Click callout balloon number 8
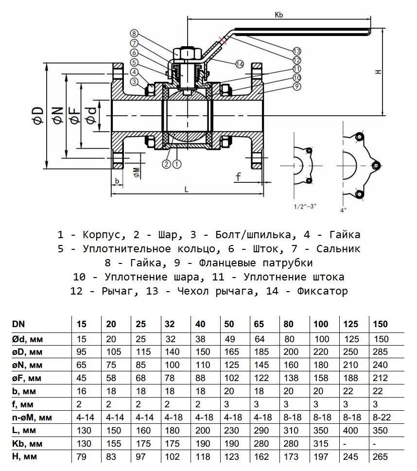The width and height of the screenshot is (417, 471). point(134,34)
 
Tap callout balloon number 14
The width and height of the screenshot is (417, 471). point(239,64)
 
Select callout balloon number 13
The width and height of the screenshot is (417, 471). point(297,51)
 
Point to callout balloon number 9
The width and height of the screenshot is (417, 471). point(297,86)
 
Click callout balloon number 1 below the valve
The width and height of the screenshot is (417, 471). point(176,164)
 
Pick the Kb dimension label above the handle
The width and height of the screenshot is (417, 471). point(278,15)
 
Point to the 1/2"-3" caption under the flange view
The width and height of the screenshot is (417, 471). point(305,206)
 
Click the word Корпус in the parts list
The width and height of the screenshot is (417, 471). point(99,235)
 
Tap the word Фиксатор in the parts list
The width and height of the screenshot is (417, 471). point(323,292)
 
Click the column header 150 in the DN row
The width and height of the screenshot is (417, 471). point(380,324)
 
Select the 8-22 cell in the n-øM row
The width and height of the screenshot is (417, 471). point(380,417)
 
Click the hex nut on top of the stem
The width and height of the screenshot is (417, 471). point(187,52)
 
